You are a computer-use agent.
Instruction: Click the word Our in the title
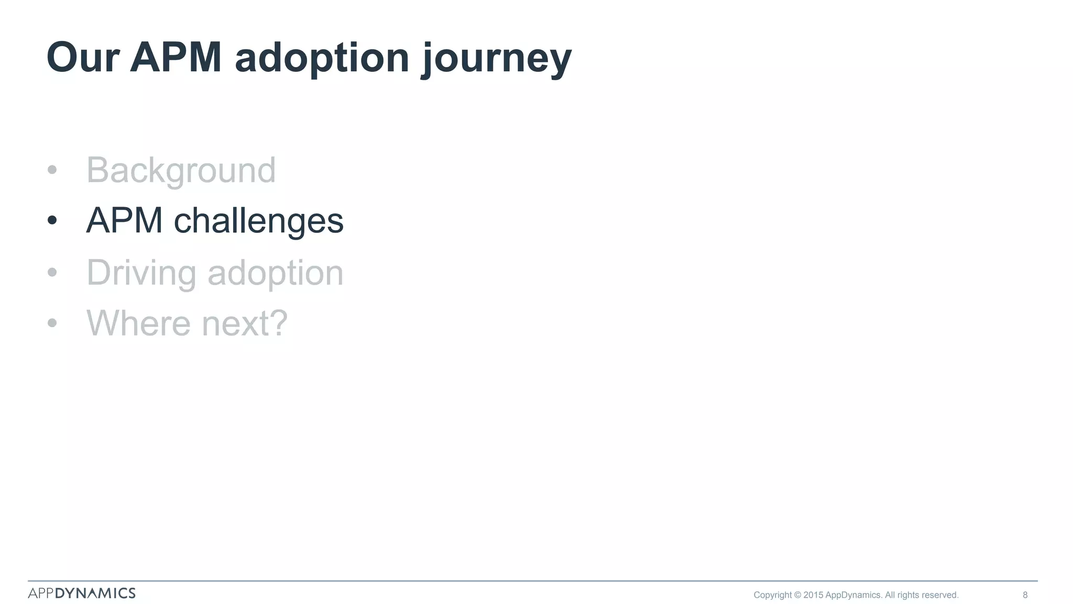point(83,58)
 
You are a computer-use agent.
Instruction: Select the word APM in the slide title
point(176,58)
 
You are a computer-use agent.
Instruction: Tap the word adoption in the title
point(322,58)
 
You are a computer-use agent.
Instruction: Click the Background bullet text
point(181,170)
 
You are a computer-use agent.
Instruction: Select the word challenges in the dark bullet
point(258,221)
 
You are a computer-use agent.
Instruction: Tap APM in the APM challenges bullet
point(124,221)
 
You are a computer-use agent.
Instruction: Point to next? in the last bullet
point(245,323)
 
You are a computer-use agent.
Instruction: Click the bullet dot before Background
point(52,170)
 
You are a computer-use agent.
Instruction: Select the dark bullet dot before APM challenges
point(52,221)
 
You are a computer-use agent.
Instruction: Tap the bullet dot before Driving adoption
point(52,272)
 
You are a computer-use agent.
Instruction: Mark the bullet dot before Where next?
point(52,323)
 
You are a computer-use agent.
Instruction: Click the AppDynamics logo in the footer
point(82,593)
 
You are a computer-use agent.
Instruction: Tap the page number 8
point(1025,595)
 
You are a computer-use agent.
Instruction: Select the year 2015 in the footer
point(813,595)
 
